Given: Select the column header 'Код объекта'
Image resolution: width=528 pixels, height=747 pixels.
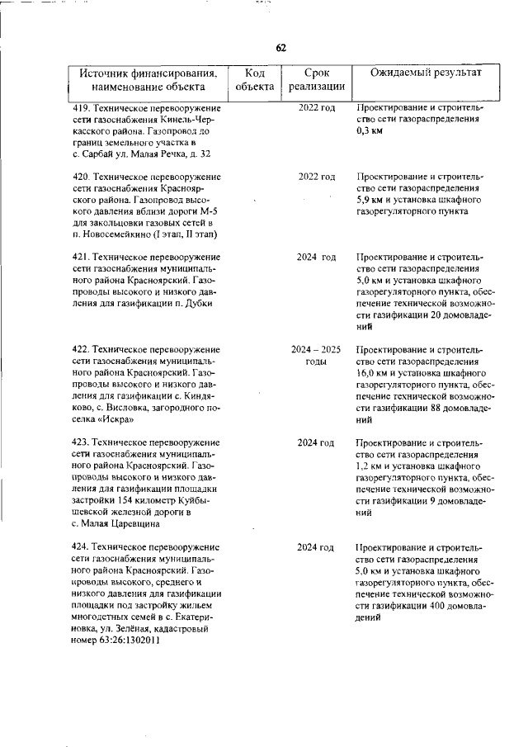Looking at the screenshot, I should [254, 79].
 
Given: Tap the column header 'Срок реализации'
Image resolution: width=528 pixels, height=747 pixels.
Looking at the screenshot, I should [317, 79].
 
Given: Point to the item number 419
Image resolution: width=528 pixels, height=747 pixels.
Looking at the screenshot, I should [81, 108].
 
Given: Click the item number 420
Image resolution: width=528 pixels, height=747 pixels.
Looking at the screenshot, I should [81, 177].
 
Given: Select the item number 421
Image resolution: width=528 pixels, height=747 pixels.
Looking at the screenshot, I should [81, 258].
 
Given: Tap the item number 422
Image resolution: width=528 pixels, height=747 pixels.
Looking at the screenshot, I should [81, 350].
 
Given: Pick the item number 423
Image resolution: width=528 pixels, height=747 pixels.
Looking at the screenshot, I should [81, 443].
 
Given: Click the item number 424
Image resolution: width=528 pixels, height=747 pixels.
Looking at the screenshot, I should [81, 547].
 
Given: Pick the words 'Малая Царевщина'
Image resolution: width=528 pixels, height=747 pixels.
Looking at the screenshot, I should [120, 523].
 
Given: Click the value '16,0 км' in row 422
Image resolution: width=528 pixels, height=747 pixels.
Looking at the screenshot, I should [372, 373].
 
